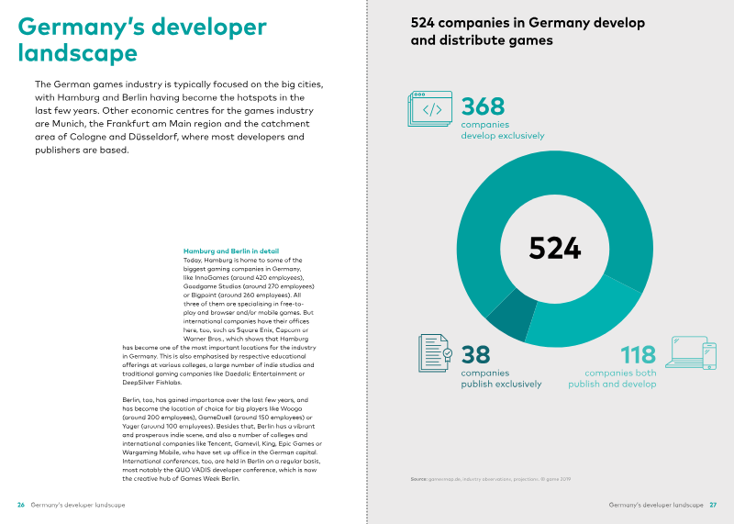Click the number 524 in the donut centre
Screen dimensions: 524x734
tap(555, 249)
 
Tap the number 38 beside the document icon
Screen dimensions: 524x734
tap(475, 354)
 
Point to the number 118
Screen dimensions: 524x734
tap(638, 354)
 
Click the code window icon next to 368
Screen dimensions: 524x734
tap(428, 108)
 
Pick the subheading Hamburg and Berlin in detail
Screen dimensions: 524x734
tap(231, 251)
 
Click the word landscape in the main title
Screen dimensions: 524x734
tap(78, 53)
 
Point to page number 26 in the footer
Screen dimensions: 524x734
tap(21, 506)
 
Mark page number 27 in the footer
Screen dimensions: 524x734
tap(713, 506)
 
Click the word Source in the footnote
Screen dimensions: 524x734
tap(420, 480)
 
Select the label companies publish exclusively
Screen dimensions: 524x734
tap(501, 379)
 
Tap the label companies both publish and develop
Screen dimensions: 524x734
tap(612, 379)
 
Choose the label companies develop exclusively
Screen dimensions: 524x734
tap(502, 129)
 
